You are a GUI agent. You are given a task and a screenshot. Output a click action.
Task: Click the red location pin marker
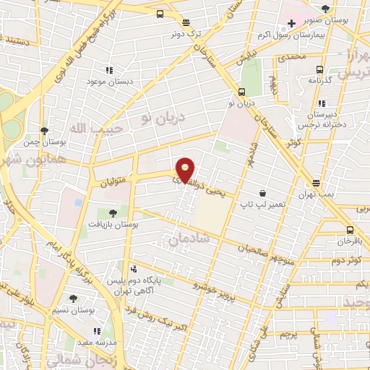[x=186, y=169]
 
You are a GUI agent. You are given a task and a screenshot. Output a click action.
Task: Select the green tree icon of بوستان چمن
[x=45, y=130]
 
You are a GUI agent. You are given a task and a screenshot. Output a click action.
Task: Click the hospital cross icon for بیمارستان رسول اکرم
[x=291, y=24]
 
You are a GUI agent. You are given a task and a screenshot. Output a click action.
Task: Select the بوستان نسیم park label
[x=72, y=310]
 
